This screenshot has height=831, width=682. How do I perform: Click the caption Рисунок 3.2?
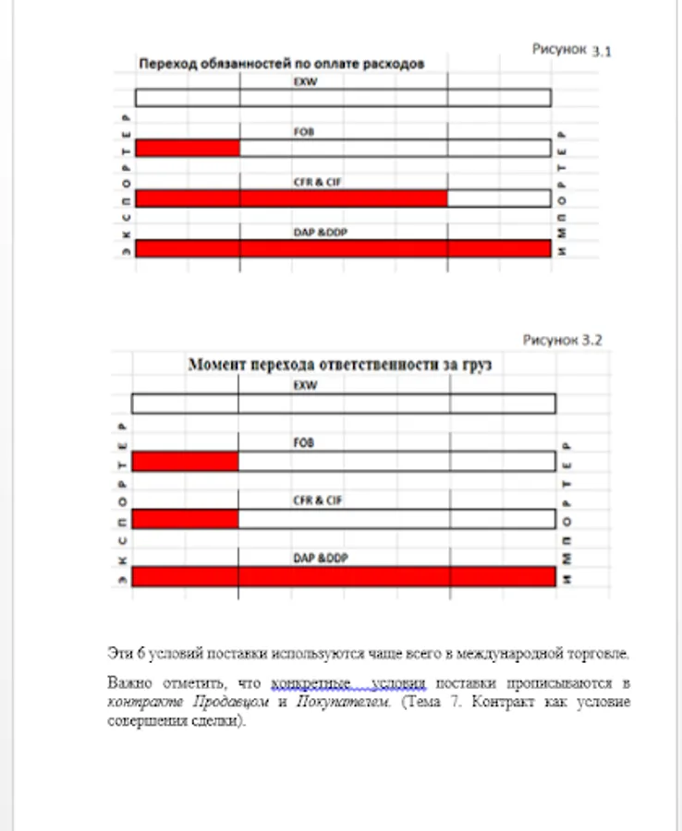point(562,340)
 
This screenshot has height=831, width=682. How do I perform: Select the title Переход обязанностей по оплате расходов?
point(281,65)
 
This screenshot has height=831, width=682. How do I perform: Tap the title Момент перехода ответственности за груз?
point(340,365)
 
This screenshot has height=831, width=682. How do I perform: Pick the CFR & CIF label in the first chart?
point(317,183)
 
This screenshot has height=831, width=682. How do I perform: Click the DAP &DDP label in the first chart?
point(320,233)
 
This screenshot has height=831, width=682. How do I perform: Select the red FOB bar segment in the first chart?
point(188,148)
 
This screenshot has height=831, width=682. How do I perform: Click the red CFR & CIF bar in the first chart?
point(291,199)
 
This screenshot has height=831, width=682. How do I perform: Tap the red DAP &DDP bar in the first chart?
point(343,248)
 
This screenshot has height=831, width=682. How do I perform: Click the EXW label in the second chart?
point(304,386)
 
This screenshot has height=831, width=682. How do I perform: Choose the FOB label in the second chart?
point(304,443)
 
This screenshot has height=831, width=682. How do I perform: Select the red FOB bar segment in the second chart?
point(185,462)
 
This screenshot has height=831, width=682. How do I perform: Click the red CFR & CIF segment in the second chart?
point(185,519)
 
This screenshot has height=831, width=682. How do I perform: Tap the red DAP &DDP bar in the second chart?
point(343,576)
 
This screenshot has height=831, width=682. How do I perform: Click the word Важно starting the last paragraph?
point(126,684)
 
